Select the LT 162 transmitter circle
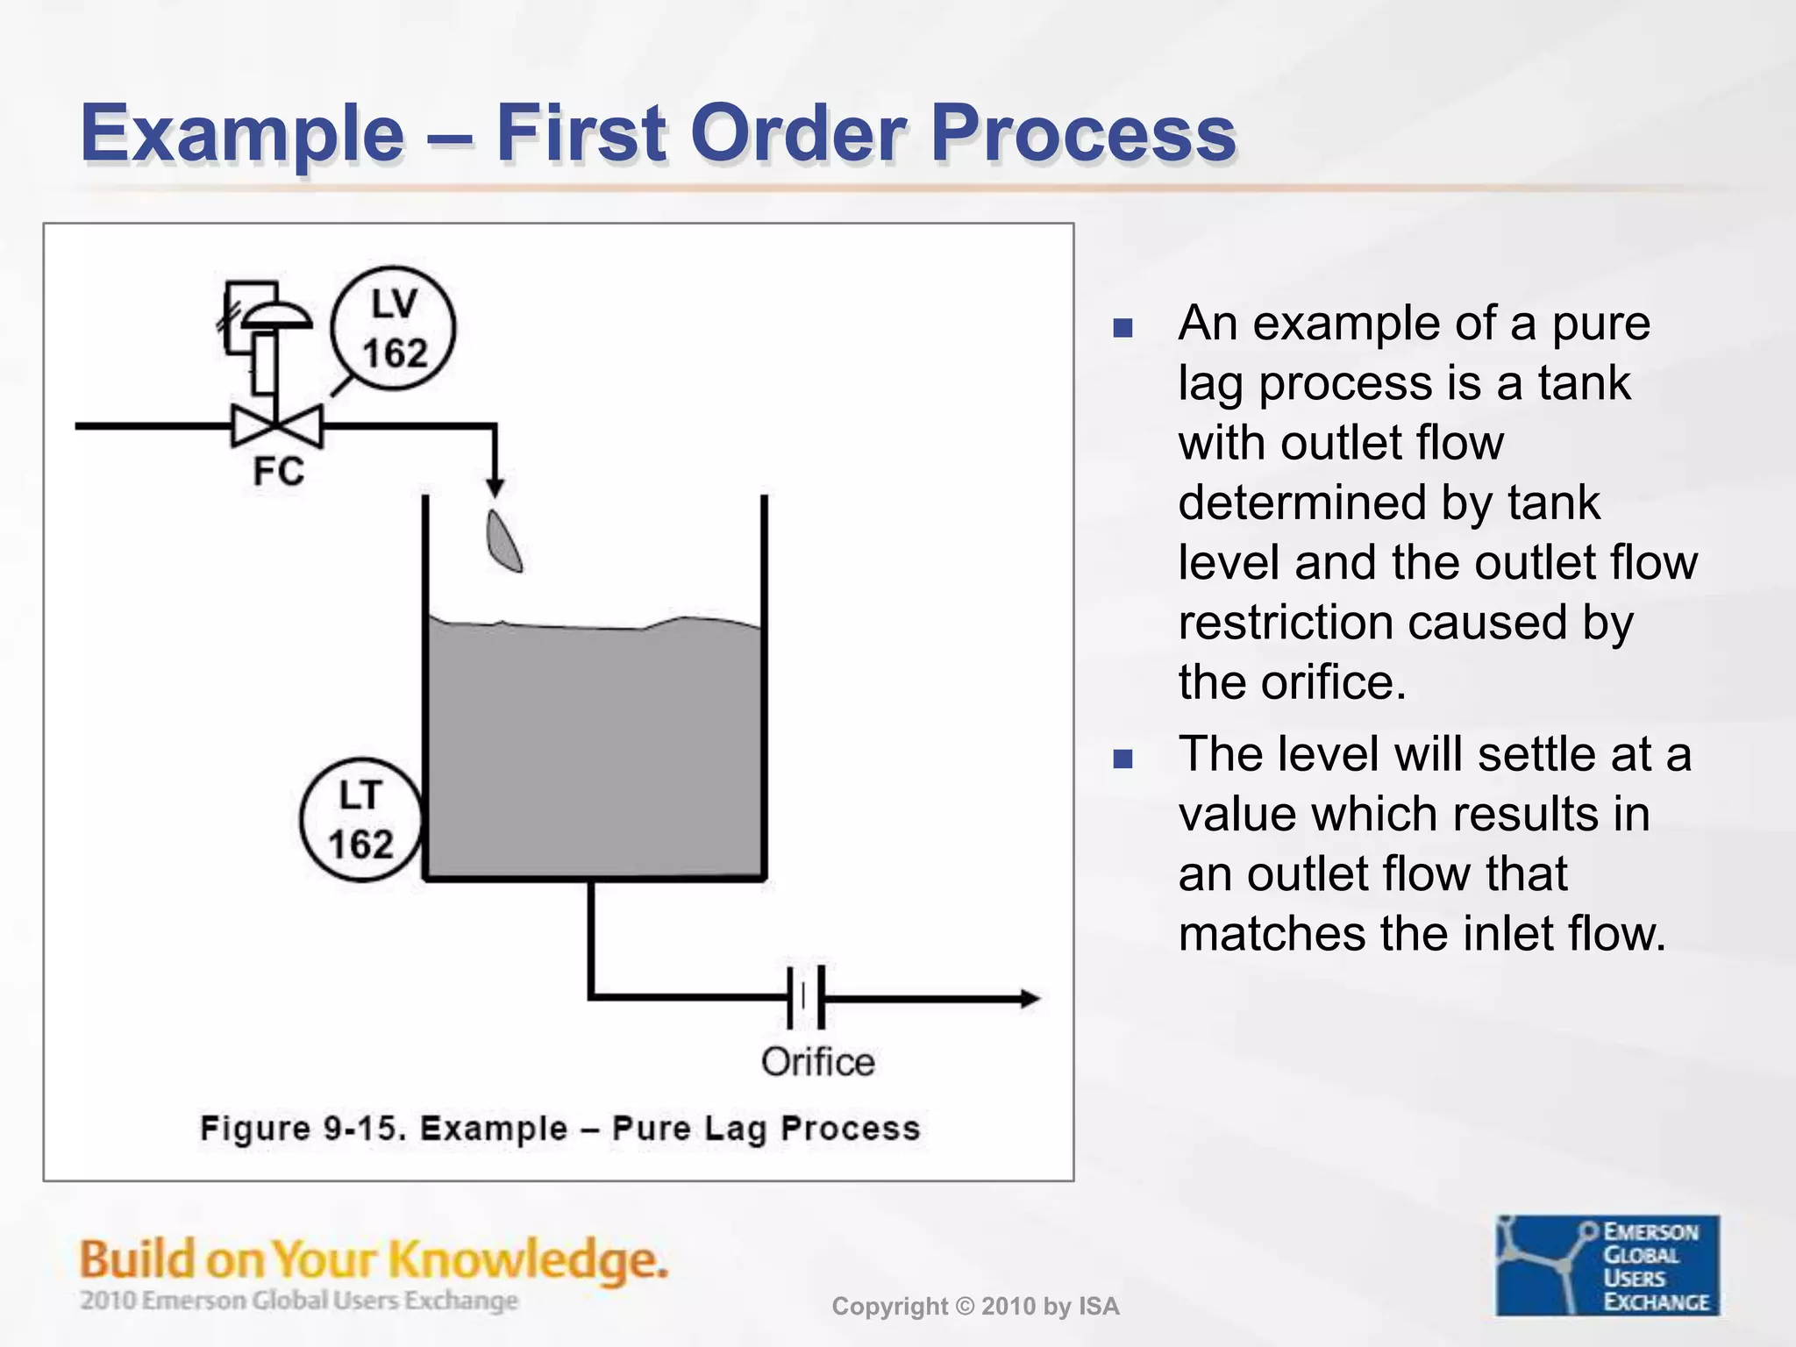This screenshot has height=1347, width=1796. [x=360, y=820]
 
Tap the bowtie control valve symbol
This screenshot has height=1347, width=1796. [x=277, y=427]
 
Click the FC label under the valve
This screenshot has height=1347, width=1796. [x=278, y=472]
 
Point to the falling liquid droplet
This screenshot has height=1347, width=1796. [x=503, y=542]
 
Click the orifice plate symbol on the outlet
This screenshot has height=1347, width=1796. [x=806, y=997]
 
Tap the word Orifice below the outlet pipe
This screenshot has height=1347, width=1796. [x=817, y=1062]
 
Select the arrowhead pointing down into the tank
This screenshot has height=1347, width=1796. [x=495, y=488]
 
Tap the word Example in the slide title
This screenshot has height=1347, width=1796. [x=242, y=133]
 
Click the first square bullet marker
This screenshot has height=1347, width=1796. [x=1122, y=329]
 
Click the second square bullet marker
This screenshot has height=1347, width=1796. [x=1122, y=759]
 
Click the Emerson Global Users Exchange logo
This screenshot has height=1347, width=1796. [x=1607, y=1265]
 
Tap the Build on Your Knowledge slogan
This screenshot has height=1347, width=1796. [x=374, y=1260]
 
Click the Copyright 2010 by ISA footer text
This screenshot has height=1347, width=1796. [x=975, y=1307]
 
